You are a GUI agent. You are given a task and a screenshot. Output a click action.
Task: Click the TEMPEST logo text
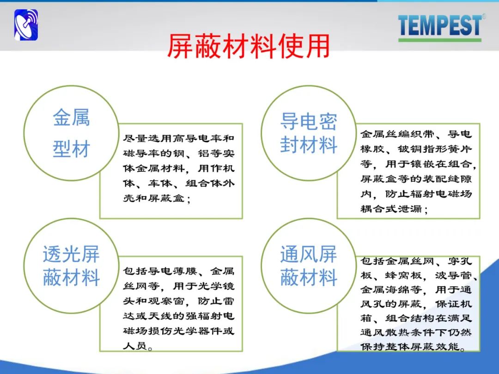tap(440, 25)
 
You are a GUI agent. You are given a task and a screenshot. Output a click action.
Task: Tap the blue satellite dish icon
tap(26, 25)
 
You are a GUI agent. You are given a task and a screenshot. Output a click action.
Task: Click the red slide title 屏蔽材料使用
tap(249, 46)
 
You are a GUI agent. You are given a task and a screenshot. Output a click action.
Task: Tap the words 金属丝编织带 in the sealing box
tap(397, 134)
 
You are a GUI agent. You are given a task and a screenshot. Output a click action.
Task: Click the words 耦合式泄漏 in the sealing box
tap(391, 209)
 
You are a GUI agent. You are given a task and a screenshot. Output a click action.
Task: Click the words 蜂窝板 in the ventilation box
tap(403, 275)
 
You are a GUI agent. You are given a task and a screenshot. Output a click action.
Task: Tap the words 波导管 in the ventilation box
tap(454, 275)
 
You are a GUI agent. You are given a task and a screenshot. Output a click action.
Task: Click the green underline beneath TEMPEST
tap(440, 40)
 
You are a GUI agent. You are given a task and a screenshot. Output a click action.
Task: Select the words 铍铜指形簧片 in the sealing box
tap(435, 149)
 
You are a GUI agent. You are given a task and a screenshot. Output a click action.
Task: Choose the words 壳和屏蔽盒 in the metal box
tap(154, 198)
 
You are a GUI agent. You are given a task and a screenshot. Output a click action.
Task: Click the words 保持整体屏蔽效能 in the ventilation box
tap(410, 346)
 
